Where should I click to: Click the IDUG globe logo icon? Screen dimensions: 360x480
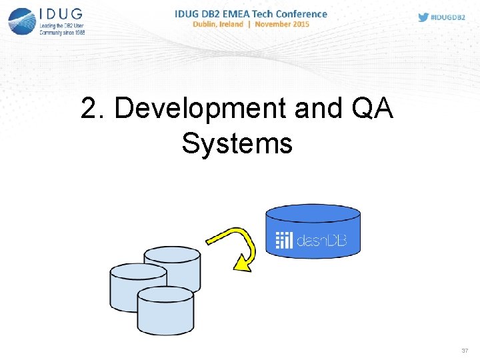(x=21, y=21)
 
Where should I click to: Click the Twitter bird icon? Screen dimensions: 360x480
(x=423, y=17)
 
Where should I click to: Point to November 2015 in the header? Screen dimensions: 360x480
(x=282, y=25)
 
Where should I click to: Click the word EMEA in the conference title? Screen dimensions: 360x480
(x=246, y=13)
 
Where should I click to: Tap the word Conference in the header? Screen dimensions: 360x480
(x=299, y=13)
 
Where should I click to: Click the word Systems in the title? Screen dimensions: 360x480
(x=237, y=143)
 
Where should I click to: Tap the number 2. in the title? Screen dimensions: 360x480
(x=93, y=109)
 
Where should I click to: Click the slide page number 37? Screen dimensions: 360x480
(x=465, y=351)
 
